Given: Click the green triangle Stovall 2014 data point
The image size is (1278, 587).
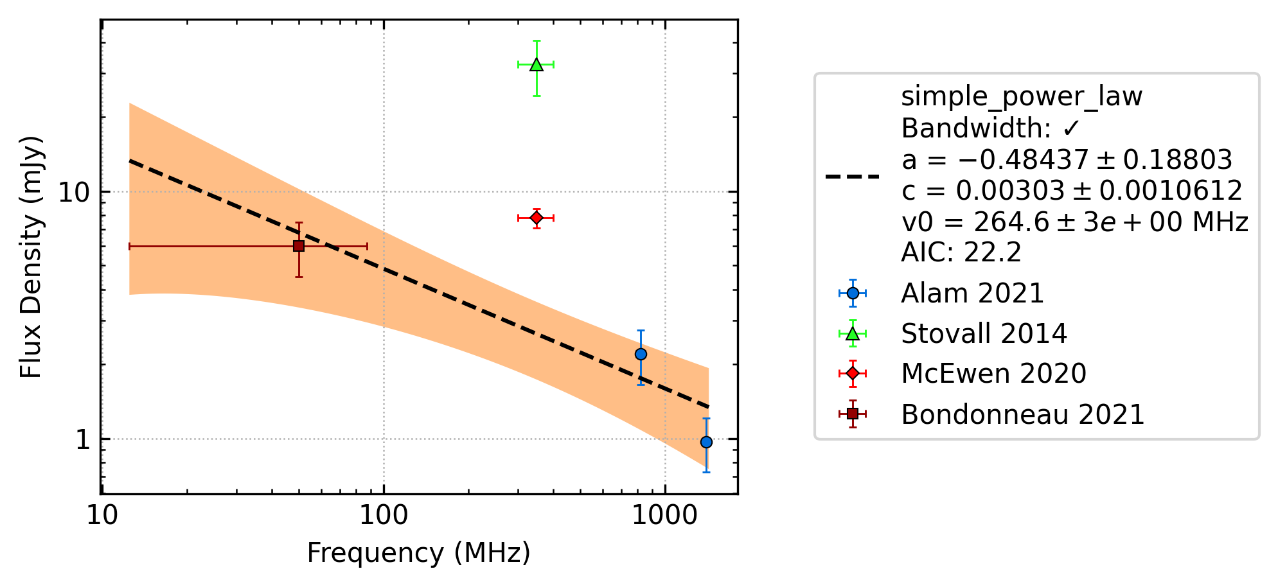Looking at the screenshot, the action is pyautogui.click(x=537, y=64).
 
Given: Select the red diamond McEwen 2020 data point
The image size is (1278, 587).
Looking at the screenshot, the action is pyautogui.click(x=537, y=218).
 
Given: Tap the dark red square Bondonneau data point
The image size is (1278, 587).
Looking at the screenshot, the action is pyautogui.click(x=299, y=246).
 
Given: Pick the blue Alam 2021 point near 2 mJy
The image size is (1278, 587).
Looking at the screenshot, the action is pyautogui.click(x=641, y=354).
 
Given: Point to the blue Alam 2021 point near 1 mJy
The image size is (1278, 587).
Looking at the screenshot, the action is pyautogui.click(x=706, y=442).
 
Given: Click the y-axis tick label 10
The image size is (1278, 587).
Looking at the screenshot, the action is pyautogui.click(x=75, y=192).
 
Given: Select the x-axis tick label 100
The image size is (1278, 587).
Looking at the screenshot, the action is pyautogui.click(x=384, y=515).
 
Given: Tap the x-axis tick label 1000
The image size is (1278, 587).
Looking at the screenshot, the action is pyautogui.click(x=665, y=515).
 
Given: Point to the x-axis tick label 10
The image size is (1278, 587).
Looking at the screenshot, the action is pyautogui.click(x=102, y=515).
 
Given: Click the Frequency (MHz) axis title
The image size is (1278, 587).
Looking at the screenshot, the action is pyautogui.click(x=419, y=553).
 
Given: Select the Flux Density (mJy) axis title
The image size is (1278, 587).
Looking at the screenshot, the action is pyautogui.click(x=31, y=257).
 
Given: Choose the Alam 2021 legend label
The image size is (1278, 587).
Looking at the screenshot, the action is pyautogui.click(x=973, y=293).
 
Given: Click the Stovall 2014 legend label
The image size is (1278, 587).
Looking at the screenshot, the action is pyautogui.click(x=984, y=334).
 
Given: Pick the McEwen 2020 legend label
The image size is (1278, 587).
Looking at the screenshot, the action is pyautogui.click(x=994, y=374).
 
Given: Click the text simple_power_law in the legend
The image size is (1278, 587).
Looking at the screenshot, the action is pyautogui.click(x=1022, y=97).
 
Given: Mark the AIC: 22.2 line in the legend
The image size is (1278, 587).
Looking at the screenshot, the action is pyautogui.click(x=961, y=252).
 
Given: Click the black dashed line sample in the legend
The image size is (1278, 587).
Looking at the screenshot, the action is pyautogui.click(x=853, y=176).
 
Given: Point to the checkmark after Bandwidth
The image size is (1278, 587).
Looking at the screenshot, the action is pyautogui.click(x=1071, y=128).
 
